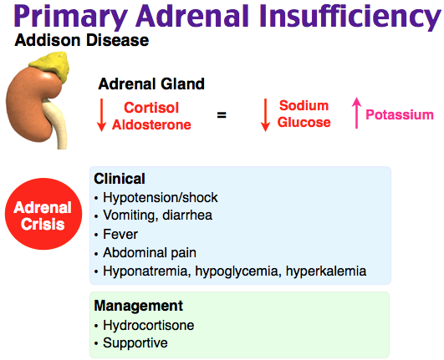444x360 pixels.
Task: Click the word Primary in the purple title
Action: point(71,17)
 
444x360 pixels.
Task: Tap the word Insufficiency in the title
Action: point(350,17)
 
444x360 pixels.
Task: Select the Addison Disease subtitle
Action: point(82,40)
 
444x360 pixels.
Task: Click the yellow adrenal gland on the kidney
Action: point(54,66)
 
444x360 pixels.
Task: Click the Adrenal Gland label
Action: point(151,84)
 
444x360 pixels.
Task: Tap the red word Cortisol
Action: point(151,108)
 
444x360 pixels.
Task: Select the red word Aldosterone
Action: point(151,124)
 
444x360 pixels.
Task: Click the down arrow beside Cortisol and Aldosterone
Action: point(101,114)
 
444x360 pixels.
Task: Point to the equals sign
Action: point(222,114)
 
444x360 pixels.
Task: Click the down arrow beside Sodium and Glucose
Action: point(265,114)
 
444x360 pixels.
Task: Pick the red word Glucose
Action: point(304,122)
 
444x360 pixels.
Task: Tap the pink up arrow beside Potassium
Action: point(356,113)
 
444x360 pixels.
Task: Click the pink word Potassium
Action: point(400,114)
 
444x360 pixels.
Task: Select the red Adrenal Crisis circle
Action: point(43,214)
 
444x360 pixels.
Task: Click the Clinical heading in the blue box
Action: point(120,179)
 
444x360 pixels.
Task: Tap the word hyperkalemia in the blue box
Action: point(326,271)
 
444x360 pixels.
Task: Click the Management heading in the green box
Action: point(139,306)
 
